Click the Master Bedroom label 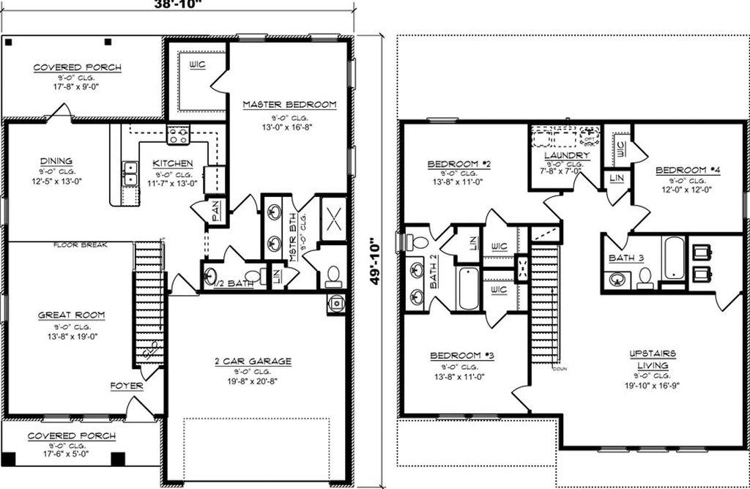[x=289, y=105]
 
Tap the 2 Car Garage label [x=253, y=361]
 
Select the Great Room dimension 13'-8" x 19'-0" [x=71, y=337]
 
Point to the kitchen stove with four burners [x=178, y=135]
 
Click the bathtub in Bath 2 [x=468, y=289]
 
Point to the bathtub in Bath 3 [x=672, y=258]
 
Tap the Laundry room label [x=568, y=156]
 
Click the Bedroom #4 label [x=688, y=171]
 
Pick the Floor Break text [x=81, y=244]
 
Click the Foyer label [x=127, y=386]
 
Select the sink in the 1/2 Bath [x=210, y=277]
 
